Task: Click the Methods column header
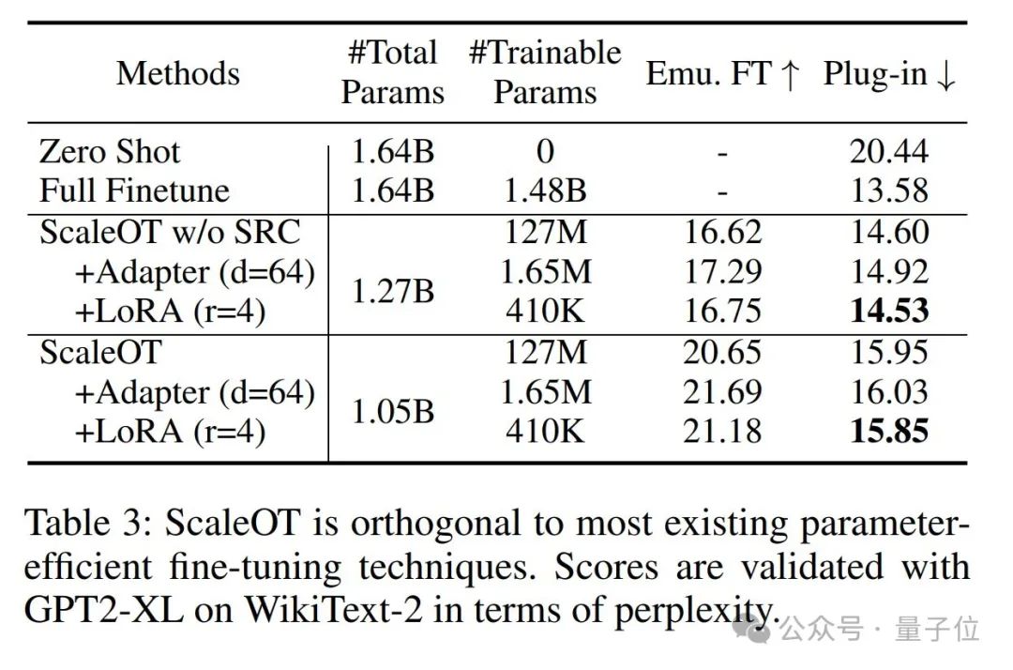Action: click(178, 73)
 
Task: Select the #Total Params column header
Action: click(392, 73)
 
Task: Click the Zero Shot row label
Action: click(110, 152)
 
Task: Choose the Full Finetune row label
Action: click(134, 191)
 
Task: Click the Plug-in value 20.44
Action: click(889, 152)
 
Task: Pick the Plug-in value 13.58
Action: click(889, 191)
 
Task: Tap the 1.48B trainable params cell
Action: click(545, 191)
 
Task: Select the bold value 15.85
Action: click(889, 432)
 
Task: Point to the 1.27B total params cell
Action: click(392, 291)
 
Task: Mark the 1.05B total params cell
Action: click(392, 410)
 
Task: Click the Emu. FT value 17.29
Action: click(721, 272)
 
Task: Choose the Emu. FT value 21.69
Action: click(721, 392)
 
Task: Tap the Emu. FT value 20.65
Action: click(721, 353)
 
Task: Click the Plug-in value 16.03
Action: click(889, 392)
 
